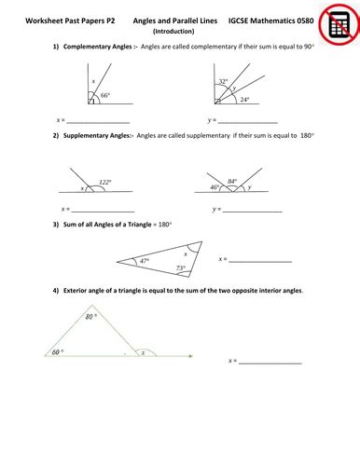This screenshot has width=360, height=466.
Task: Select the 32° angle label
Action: click(222, 82)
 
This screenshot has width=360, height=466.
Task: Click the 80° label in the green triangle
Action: click(90, 317)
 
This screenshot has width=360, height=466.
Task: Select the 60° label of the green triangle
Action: click(56, 352)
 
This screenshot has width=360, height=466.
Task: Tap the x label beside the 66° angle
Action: click(93, 83)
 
